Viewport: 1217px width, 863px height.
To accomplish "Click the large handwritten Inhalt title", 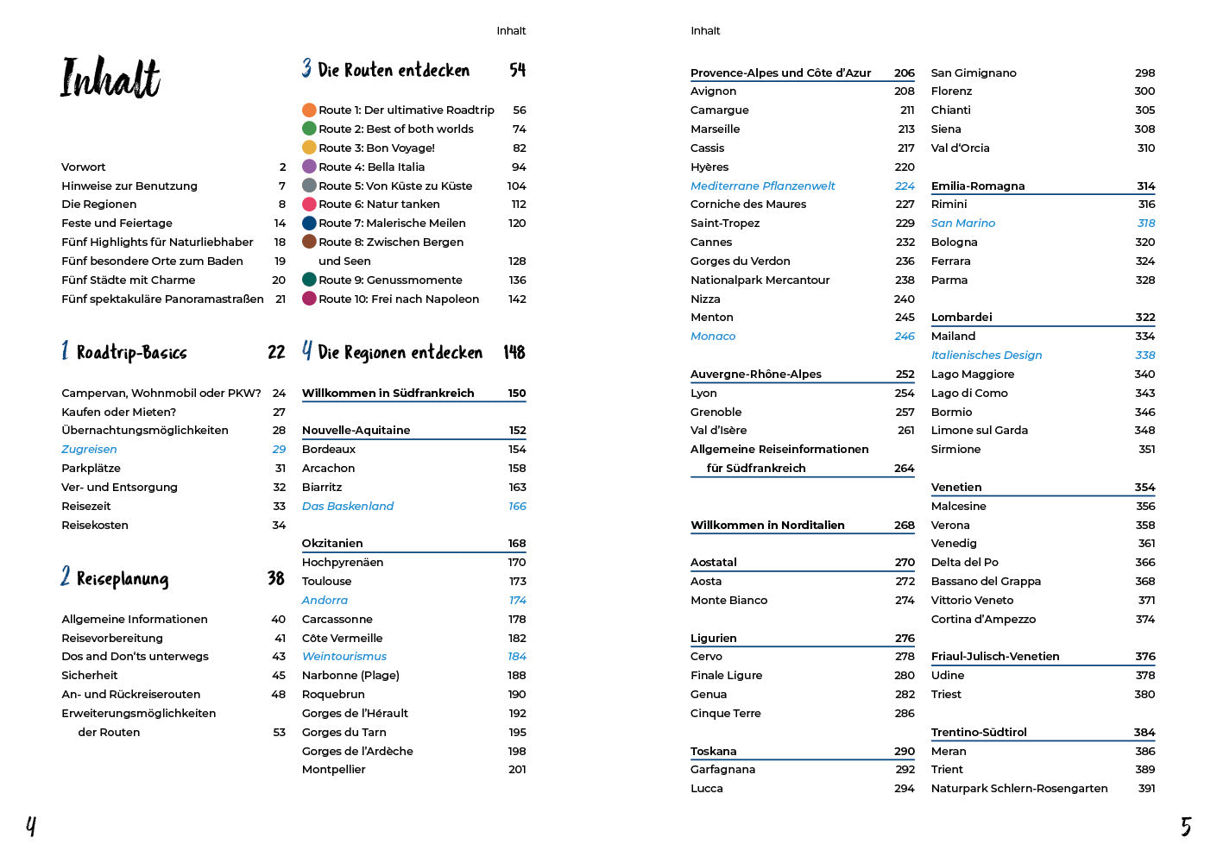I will pyautogui.click(x=110, y=78).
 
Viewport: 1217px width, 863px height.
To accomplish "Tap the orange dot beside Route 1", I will pyautogui.click(x=309, y=110).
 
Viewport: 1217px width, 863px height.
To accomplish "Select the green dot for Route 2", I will pyautogui.click(x=309, y=129).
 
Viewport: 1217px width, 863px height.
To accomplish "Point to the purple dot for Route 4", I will pyautogui.click(x=309, y=167).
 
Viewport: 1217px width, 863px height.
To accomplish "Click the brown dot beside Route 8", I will pyautogui.click(x=309, y=242).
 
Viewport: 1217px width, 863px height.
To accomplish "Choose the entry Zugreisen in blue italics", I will pyautogui.click(x=89, y=449).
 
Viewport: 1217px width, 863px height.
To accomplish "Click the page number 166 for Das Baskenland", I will pyautogui.click(x=517, y=506).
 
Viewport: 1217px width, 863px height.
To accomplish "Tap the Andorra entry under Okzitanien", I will pyautogui.click(x=325, y=600).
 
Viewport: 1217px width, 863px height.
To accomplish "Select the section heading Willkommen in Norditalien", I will pyautogui.click(x=767, y=525).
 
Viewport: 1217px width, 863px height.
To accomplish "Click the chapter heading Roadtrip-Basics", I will pyautogui.click(x=131, y=352).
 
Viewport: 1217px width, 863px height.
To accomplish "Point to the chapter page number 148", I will pyautogui.click(x=514, y=352).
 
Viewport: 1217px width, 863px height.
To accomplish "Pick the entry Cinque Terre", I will pyautogui.click(x=725, y=713).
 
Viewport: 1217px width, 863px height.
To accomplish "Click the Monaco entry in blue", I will pyautogui.click(x=713, y=336).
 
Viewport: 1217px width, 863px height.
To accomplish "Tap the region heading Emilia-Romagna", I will pyautogui.click(x=978, y=186).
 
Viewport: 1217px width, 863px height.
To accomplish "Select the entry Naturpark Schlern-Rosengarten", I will pyautogui.click(x=1019, y=788).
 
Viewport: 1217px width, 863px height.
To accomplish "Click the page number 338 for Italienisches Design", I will pyautogui.click(x=1144, y=355).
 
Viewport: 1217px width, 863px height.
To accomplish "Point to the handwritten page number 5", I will pyautogui.click(x=1186, y=827).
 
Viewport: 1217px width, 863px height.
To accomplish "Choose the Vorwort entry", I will pyautogui.click(x=84, y=167).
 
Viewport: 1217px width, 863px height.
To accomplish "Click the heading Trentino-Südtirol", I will pyautogui.click(x=979, y=732).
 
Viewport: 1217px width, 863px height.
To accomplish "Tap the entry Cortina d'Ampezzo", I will pyautogui.click(x=983, y=619).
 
